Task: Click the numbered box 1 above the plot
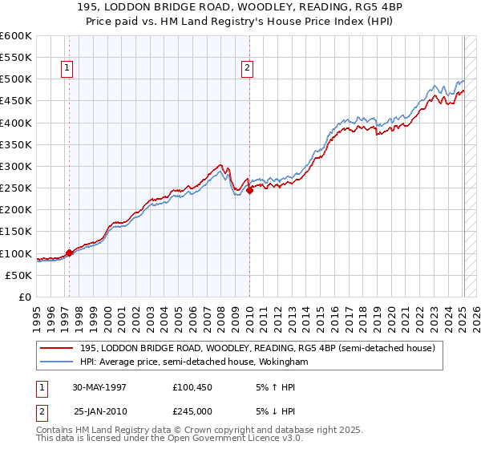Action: [x=66, y=69]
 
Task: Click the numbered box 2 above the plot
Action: [x=247, y=69]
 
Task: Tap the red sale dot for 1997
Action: [x=69, y=253]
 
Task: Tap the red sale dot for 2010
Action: [x=249, y=190]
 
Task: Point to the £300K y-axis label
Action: [x=16, y=166]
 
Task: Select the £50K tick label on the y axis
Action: [x=18, y=275]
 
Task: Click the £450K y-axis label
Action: [x=16, y=101]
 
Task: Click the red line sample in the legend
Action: [x=57, y=348]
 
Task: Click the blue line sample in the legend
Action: [x=57, y=362]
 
